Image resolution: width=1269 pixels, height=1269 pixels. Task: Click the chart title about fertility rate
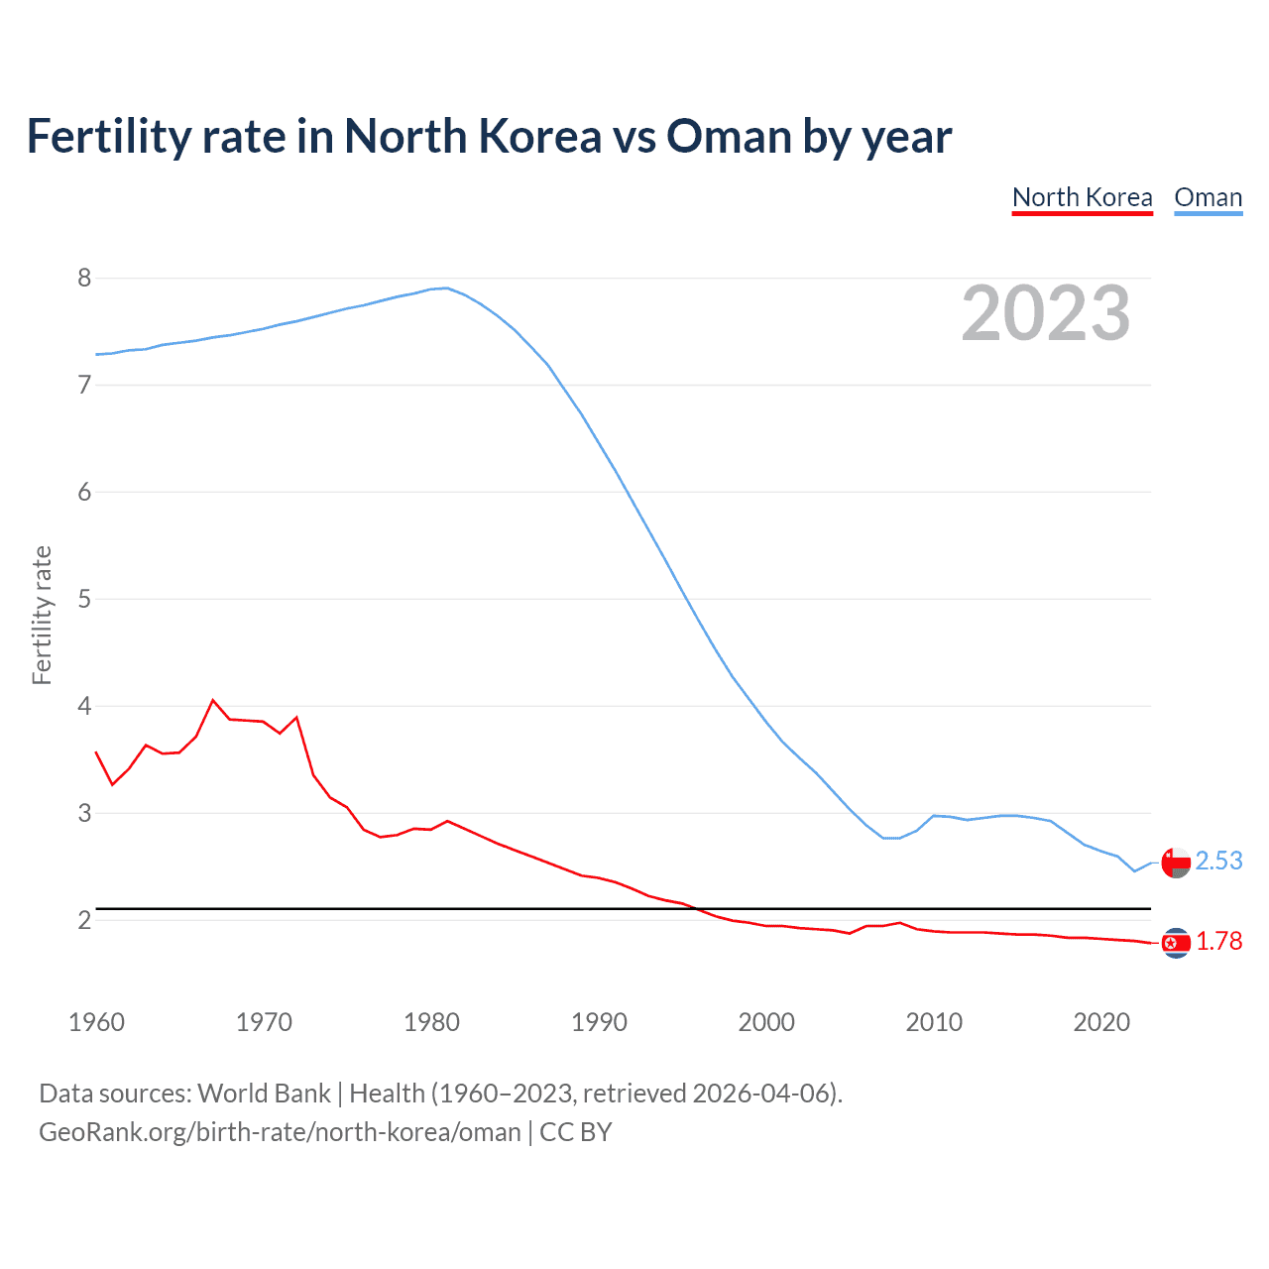pyautogui.click(x=489, y=137)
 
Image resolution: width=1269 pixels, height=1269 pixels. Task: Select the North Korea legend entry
pyautogui.click(x=1082, y=197)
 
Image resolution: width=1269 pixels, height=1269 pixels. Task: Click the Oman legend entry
pyautogui.click(x=1208, y=197)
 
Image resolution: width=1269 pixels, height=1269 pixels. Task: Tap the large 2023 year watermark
pyautogui.click(x=1045, y=313)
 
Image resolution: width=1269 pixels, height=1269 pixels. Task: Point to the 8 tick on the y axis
pyautogui.click(x=84, y=278)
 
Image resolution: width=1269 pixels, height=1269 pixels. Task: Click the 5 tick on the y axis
pyautogui.click(x=84, y=599)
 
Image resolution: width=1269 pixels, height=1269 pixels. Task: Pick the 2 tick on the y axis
pyautogui.click(x=84, y=920)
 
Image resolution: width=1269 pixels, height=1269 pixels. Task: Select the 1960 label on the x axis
pyautogui.click(x=96, y=1022)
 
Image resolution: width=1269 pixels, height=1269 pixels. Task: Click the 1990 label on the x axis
pyautogui.click(x=599, y=1022)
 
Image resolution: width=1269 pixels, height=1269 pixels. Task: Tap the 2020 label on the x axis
pyautogui.click(x=1101, y=1022)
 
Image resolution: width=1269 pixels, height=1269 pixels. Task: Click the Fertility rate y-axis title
pyautogui.click(x=42, y=615)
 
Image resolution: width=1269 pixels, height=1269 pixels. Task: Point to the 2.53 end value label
pyautogui.click(x=1218, y=861)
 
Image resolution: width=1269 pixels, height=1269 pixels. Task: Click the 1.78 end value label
pyautogui.click(x=1218, y=941)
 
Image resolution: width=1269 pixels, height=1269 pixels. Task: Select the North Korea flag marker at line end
pyautogui.click(x=1176, y=943)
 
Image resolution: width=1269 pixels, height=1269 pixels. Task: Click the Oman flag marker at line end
pyautogui.click(x=1176, y=863)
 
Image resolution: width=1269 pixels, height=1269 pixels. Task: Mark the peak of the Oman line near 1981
pyautogui.click(x=446, y=288)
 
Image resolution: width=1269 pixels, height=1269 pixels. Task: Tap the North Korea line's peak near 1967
pyautogui.click(x=213, y=700)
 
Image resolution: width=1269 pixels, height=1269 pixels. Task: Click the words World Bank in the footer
pyautogui.click(x=264, y=1093)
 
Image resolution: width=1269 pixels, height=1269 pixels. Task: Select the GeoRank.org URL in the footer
pyautogui.click(x=280, y=1131)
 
